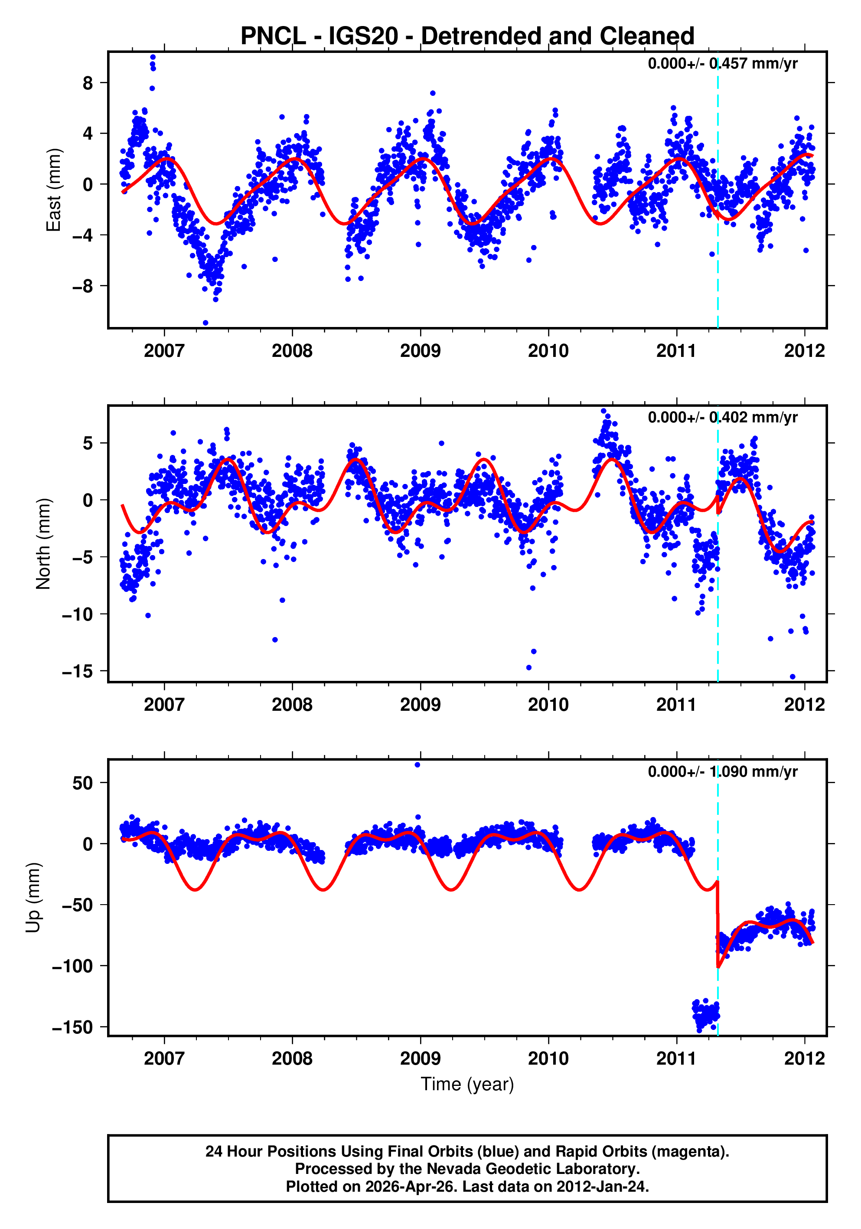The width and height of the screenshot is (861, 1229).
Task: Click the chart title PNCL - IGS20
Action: click(467, 36)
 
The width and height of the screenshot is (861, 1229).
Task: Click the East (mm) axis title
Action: click(53, 190)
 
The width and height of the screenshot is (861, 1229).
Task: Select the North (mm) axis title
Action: click(43, 544)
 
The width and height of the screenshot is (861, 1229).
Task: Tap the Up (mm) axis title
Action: click(33, 898)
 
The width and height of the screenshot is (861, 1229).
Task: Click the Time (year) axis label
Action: click(467, 1084)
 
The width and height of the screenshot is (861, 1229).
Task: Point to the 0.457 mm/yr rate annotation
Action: click(722, 64)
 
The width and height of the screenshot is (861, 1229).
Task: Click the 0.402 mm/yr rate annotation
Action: click(722, 418)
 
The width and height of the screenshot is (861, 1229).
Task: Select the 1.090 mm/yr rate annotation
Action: click(722, 771)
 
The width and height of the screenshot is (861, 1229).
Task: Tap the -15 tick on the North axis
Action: click(78, 671)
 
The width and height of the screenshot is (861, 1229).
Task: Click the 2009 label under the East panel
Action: click(420, 351)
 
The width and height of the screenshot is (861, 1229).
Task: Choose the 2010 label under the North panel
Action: click(548, 705)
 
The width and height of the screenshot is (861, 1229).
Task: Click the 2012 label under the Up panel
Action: click(804, 1059)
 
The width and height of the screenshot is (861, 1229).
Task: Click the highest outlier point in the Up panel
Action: click(417, 765)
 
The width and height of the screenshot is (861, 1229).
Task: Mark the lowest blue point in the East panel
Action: click(205, 323)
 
